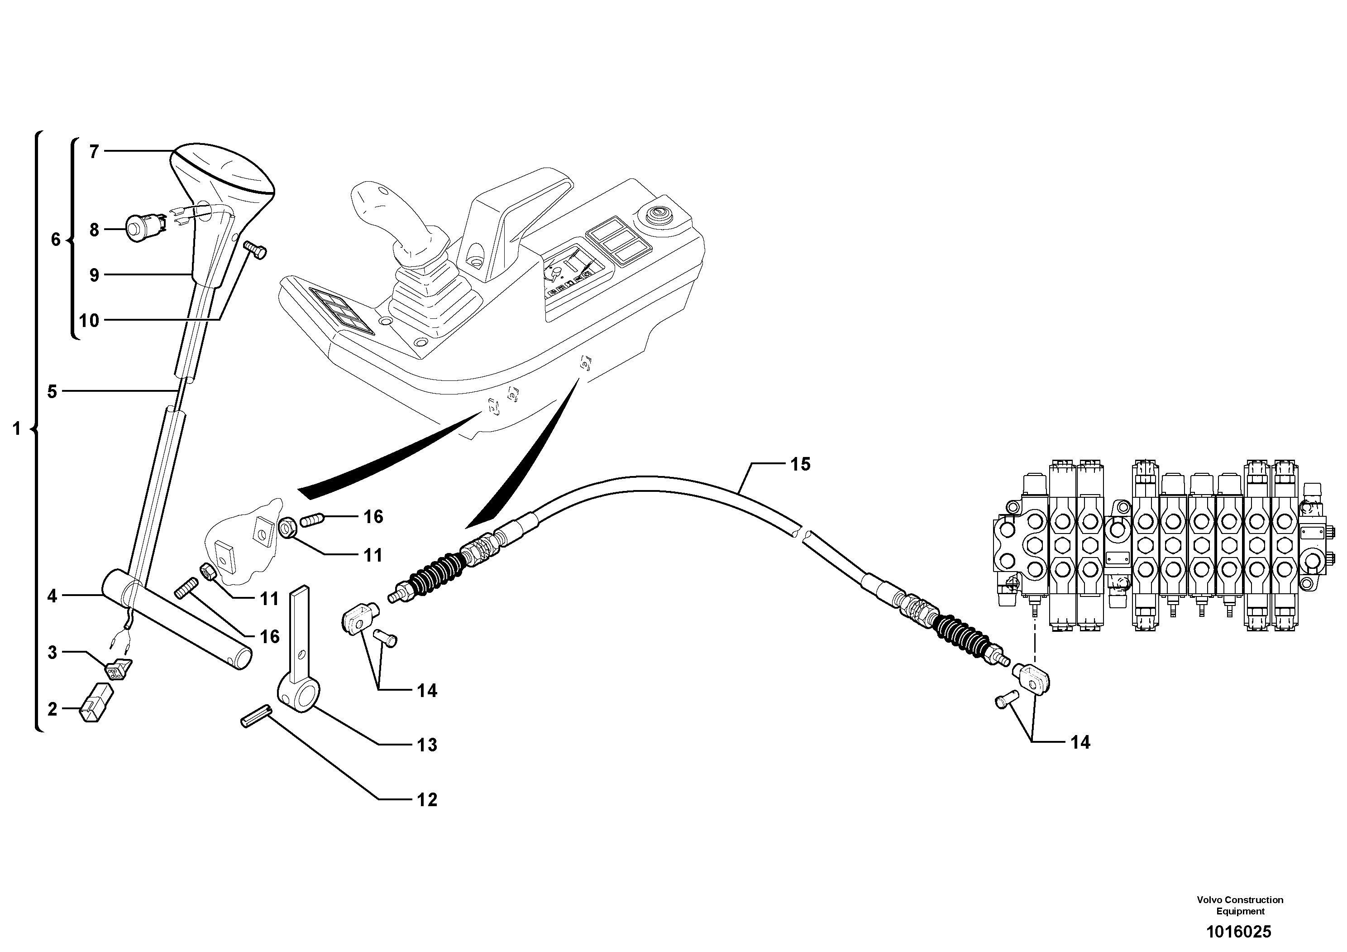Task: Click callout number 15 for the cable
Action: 800,464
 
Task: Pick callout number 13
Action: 427,745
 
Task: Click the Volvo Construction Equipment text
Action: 1240,904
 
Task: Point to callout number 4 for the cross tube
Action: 52,596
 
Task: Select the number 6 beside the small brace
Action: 56,240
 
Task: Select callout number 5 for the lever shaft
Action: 52,391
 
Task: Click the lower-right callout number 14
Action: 1080,742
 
